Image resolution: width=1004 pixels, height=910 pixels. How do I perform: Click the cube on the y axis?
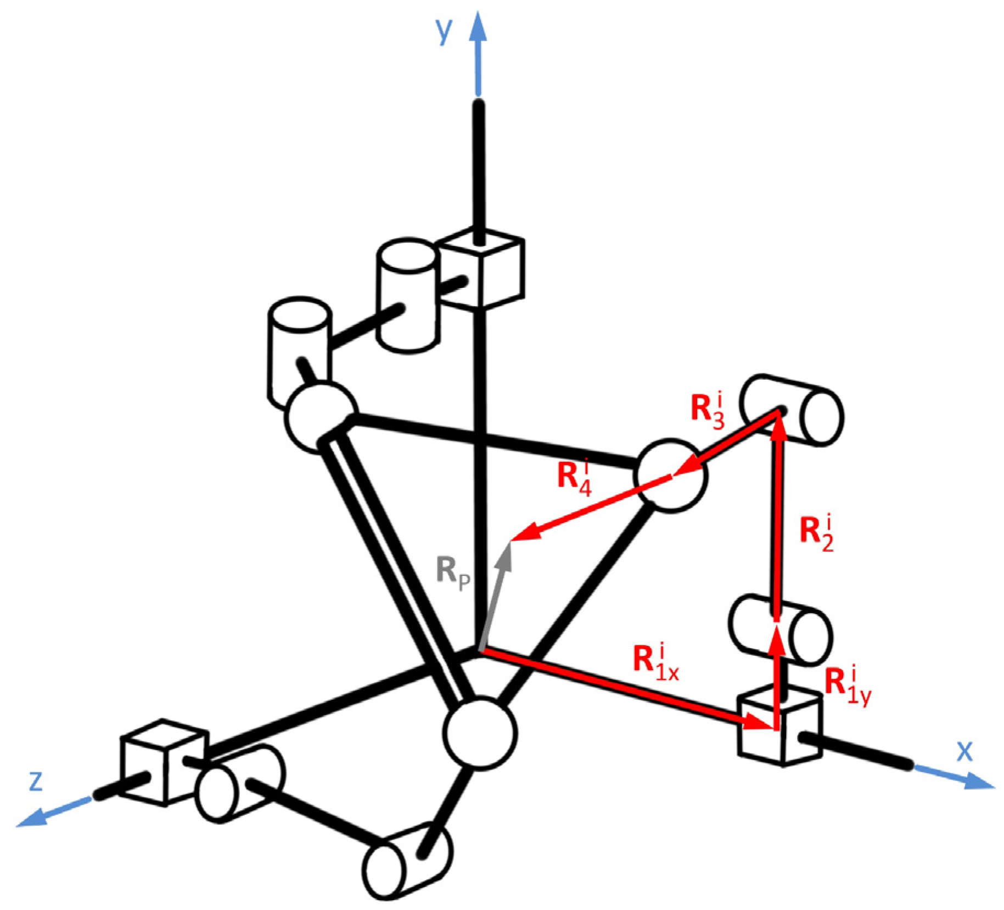[482, 269]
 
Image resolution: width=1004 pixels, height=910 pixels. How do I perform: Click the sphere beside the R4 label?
[670, 476]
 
